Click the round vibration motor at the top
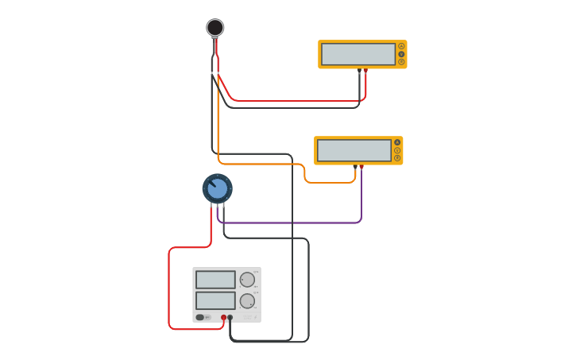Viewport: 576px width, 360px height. coord(215,28)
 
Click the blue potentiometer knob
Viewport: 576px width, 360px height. coord(217,189)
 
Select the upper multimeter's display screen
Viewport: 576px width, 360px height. coord(358,54)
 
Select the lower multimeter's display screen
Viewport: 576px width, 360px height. coord(354,150)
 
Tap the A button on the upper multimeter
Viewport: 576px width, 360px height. coord(401,46)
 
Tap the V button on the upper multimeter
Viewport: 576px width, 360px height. coord(401,54)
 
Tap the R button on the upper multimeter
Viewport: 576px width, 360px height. coord(401,62)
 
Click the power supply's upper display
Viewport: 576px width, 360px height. coord(215,280)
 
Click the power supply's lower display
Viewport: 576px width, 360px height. coord(215,300)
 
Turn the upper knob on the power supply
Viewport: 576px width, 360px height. coord(247,280)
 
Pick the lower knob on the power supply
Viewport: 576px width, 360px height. coord(247,301)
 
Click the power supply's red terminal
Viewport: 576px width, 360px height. coord(223,317)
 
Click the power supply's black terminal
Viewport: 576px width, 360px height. coord(230,317)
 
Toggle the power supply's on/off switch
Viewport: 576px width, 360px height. coord(200,317)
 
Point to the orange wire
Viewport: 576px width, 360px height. coord(262,164)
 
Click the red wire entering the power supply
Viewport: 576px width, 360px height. coord(169,286)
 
